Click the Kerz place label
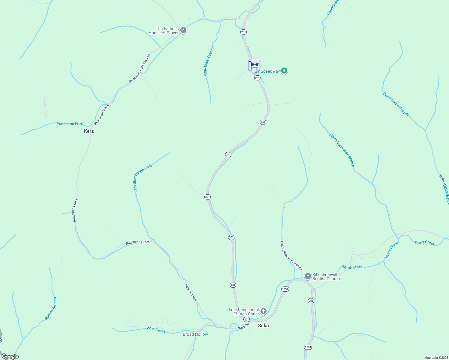pos(89,131)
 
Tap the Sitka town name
pos(264,325)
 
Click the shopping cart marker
pos(254,65)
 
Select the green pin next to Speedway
pos(284,71)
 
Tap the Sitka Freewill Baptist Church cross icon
pos(308,276)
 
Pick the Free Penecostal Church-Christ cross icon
pos(263,311)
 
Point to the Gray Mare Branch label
pos(209,61)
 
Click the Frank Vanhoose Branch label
pos(342,150)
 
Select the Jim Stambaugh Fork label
pos(143,178)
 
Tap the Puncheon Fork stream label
pos(70,124)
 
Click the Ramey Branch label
pos(50,308)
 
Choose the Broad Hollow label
pos(195,334)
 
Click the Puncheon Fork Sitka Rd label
pos(140,68)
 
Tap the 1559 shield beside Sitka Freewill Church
pos(285,289)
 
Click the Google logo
pos(10,356)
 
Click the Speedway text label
pos(270,71)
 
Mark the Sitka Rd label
pos(244,326)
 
